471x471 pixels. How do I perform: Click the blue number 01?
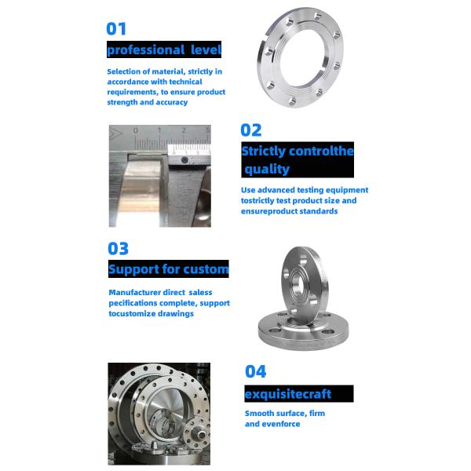click(x=116, y=29)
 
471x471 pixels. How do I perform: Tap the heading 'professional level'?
click(x=164, y=50)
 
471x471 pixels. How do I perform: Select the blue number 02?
click(x=250, y=130)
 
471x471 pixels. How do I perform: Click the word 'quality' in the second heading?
click(x=268, y=169)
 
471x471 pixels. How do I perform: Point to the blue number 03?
click(x=118, y=249)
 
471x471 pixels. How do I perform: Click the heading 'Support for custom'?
click(x=168, y=269)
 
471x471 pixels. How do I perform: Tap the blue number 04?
click(x=255, y=371)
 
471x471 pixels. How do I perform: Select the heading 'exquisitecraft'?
click(x=288, y=393)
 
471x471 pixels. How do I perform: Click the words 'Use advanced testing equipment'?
click(x=304, y=190)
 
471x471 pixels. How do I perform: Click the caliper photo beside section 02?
click(x=159, y=175)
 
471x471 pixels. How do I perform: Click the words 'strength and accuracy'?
click(x=147, y=102)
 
